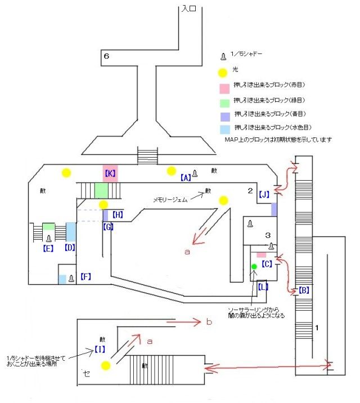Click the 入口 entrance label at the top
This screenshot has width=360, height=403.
(x=189, y=9)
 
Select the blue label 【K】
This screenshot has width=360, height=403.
(x=110, y=173)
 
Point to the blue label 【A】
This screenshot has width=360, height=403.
(x=186, y=177)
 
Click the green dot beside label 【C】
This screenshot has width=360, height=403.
(x=254, y=266)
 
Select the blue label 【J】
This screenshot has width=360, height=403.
(x=264, y=195)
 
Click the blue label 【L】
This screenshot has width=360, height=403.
(x=264, y=287)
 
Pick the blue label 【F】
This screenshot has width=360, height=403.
(x=85, y=276)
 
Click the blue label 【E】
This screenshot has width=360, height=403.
(x=48, y=247)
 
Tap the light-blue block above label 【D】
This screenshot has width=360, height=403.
(x=71, y=231)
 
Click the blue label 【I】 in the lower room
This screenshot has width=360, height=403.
(x=100, y=350)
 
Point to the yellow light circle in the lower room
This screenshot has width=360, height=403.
(x=105, y=366)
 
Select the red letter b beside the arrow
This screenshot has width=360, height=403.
(x=209, y=323)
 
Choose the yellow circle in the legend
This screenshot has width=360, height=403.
(x=223, y=72)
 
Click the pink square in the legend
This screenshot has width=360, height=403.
(x=223, y=88)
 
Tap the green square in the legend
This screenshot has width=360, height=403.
(x=223, y=102)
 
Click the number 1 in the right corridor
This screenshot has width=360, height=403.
(x=318, y=328)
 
